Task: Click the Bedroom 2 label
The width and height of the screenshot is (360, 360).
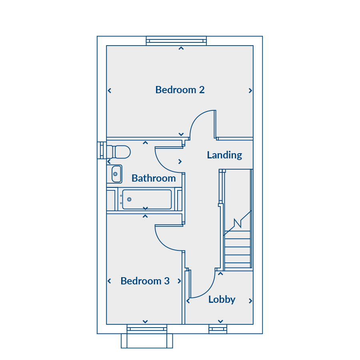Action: tap(180, 90)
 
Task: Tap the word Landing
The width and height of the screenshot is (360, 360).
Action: tap(224, 155)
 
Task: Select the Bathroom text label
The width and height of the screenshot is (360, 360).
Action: tap(154, 178)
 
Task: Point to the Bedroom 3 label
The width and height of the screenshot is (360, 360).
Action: tap(145, 281)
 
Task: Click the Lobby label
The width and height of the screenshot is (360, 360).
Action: tap(222, 299)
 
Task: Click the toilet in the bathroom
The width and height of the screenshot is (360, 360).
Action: tap(118, 152)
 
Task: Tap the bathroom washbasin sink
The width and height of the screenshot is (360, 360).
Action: tap(116, 174)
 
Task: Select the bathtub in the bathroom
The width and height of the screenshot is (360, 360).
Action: tap(146, 199)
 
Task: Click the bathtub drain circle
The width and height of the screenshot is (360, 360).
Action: tap(129, 199)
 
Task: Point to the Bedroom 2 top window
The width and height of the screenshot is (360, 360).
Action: tap(176, 41)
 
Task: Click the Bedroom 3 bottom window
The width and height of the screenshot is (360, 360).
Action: tap(147, 329)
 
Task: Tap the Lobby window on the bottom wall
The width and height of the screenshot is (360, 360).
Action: tap(218, 329)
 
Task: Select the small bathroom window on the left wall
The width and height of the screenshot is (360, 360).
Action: tap(102, 150)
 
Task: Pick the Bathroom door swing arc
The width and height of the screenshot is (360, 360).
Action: tap(162, 165)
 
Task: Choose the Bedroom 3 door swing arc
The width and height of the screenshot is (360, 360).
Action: tap(162, 243)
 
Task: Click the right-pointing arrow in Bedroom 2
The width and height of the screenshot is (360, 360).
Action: tap(250, 91)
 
